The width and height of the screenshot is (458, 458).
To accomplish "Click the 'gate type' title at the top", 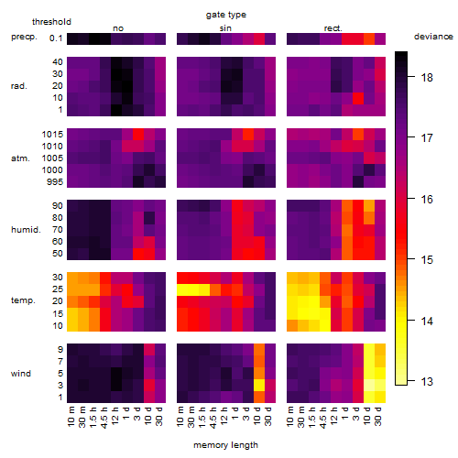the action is tap(226, 15).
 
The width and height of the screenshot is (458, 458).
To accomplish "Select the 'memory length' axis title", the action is tap(225, 445).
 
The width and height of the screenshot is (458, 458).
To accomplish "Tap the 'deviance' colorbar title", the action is tap(433, 37).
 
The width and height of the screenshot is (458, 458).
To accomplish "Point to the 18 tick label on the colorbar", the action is tap(427, 78).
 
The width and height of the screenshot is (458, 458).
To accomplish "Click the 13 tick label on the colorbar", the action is tap(427, 382).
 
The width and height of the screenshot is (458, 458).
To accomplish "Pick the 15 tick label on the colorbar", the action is tap(427, 260).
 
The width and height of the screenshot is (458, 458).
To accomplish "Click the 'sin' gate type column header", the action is tap(225, 28).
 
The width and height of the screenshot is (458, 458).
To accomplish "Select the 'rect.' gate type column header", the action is tap(333, 28).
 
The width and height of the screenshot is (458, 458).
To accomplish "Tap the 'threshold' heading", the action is tap(51, 22).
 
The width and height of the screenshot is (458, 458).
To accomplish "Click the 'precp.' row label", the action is tap(24, 37).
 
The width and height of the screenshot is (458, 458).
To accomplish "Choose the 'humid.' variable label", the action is tap(26, 230).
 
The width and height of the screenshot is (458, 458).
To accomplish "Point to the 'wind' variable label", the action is tap(21, 374).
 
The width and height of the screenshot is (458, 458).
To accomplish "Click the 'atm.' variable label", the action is tap(20, 158).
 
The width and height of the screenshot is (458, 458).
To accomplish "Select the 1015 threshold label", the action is tap(52, 135).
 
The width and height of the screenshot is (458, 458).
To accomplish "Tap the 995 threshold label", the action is tap(55, 182).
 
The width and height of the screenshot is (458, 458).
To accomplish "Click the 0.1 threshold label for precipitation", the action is tap(56, 38).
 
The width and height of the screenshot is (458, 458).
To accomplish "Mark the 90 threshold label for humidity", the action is tap(58, 206).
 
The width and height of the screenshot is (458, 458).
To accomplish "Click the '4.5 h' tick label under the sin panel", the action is tap(213, 417).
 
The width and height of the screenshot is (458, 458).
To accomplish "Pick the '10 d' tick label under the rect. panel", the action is tap(366, 416).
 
